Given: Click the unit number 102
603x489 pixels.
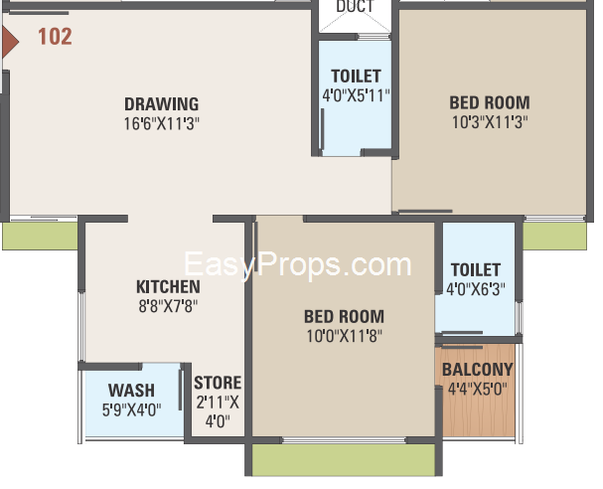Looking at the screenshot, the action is (x=55, y=37).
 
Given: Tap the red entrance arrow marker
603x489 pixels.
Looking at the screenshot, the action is (x=9, y=42).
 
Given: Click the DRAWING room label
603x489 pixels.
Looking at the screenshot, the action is (x=162, y=104).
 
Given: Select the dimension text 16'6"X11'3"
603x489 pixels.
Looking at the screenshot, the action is (x=162, y=124).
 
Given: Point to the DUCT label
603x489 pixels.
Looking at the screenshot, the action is (x=355, y=6).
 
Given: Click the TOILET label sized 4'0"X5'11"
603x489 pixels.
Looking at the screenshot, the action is (x=356, y=77).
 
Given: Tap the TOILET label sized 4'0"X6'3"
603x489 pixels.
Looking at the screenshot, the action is (x=476, y=269).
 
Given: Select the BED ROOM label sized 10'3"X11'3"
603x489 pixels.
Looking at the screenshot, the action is (x=490, y=102).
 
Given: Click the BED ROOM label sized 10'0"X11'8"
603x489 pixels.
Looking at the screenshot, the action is (x=344, y=317).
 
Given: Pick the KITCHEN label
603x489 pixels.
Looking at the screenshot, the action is (x=168, y=287).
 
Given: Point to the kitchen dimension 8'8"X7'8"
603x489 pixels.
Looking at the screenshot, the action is (x=168, y=307).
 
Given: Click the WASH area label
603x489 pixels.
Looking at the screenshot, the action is (x=131, y=391).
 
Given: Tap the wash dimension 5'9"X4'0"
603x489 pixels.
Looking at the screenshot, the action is (x=131, y=409).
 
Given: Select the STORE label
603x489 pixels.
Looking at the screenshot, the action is (x=218, y=383).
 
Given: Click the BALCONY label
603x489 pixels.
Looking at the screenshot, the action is (x=477, y=370).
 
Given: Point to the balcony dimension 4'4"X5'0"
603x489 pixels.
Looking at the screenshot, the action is (x=477, y=389).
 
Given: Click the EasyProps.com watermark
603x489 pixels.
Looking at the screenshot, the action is (x=298, y=264).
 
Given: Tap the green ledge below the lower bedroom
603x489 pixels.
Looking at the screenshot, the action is (x=344, y=460).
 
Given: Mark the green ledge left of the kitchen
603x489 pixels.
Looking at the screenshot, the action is (x=40, y=236).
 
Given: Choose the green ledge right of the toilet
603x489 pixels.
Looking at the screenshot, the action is (x=555, y=236).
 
